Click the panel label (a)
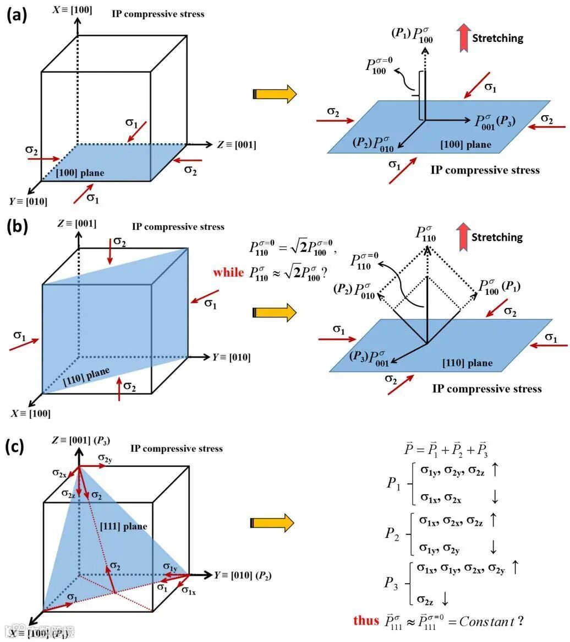pos(17,15)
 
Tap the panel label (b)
pos(17,226)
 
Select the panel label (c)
pos(17,446)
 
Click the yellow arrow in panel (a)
pos(275,94)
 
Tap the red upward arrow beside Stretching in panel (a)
pos(463,38)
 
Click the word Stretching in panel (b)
pos(497,237)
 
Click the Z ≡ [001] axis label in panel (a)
pos(236,145)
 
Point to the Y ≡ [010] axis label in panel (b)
pos(231,357)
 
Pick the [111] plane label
pos(123,526)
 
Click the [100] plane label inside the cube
pos(80,173)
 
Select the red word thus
pos(366,621)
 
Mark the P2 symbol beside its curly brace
pos(392,534)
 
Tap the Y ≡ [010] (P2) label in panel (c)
pos(243,575)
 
